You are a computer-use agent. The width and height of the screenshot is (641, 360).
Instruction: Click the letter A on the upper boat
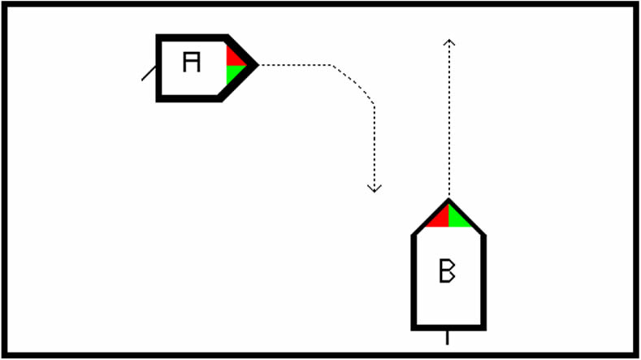[191, 62]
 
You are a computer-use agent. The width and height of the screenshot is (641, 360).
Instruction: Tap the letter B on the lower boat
[447, 271]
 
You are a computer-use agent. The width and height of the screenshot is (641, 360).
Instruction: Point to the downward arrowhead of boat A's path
[374, 189]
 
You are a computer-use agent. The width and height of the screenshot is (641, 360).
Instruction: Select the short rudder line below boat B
[448, 336]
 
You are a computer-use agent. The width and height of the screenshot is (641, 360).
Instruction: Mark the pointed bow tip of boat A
[255, 64]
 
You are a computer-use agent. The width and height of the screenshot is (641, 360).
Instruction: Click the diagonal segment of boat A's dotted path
[353, 83]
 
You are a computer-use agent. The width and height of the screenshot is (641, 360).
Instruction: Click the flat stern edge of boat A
[160, 67]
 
